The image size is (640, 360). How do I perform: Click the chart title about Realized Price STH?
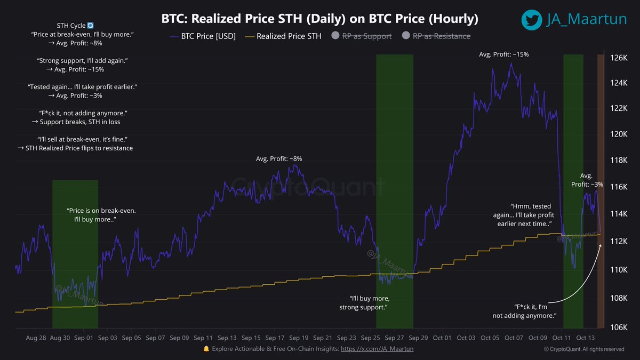coord(319,19)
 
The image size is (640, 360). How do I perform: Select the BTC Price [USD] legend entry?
coord(203,36)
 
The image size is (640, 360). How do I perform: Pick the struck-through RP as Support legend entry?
coord(361,36)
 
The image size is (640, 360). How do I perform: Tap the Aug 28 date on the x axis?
coord(36,338)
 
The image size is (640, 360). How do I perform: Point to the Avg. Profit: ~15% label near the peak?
coord(503,54)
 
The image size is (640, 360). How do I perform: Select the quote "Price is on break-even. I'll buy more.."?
coord(101,215)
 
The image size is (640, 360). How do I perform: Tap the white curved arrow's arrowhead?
coord(601,245)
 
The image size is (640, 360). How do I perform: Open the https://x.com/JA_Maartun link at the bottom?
coord(377,348)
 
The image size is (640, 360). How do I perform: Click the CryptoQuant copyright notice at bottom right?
coord(583,349)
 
